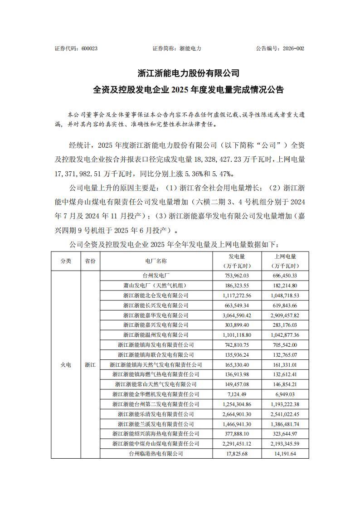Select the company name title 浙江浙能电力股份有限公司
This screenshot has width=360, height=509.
click(x=188, y=73)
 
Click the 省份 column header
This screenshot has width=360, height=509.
click(x=90, y=261)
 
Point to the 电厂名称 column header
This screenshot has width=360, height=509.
click(x=156, y=261)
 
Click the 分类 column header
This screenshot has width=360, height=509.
click(x=66, y=261)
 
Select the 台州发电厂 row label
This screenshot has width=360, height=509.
click(x=156, y=276)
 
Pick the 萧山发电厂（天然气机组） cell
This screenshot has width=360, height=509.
click(x=156, y=286)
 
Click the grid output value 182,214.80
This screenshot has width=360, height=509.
click(x=285, y=286)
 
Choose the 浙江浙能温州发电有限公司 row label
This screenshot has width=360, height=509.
click(x=156, y=335)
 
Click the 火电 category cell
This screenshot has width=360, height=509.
click(x=66, y=365)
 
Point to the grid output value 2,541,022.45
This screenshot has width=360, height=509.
click(x=285, y=414)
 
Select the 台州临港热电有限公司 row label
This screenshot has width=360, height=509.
click(x=156, y=454)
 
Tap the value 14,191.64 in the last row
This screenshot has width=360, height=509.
click(x=285, y=454)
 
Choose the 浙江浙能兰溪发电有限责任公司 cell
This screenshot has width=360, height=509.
click(x=156, y=424)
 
